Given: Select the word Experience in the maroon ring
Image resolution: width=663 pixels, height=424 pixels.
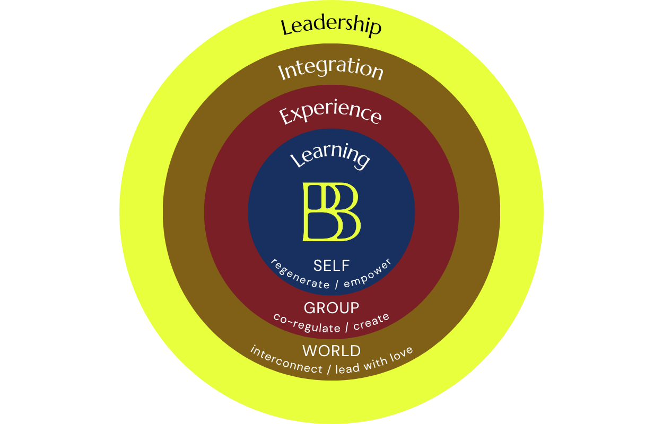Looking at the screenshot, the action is (x=330, y=113).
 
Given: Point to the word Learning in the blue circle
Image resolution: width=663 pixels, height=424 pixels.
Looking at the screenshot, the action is (x=330, y=156).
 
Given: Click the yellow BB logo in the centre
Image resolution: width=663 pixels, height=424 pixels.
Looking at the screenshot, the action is (x=331, y=212).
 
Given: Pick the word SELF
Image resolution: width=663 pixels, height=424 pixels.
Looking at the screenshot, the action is (x=331, y=266).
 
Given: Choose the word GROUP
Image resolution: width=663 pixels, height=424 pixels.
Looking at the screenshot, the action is (x=331, y=307).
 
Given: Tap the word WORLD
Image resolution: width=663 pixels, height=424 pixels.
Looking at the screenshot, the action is (x=331, y=350).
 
